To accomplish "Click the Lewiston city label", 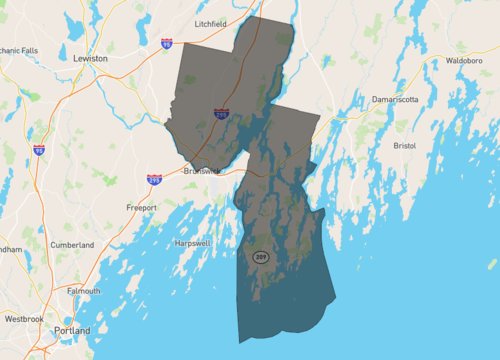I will (x=90, y=59).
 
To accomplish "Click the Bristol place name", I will (x=404, y=145).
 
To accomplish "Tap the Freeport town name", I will (x=141, y=207).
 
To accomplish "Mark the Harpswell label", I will (x=191, y=243).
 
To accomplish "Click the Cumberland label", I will (x=72, y=244).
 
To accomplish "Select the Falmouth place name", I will (x=83, y=290).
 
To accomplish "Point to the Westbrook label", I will (x=24, y=318).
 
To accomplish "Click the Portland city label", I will (x=73, y=330).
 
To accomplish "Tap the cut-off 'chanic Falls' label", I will (x=19, y=49).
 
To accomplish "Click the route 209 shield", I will (x=260, y=257).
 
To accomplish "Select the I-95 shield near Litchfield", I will (x=166, y=44).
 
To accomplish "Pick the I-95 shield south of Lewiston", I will (x=39, y=150).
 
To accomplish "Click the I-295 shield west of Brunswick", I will (x=154, y=179).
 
